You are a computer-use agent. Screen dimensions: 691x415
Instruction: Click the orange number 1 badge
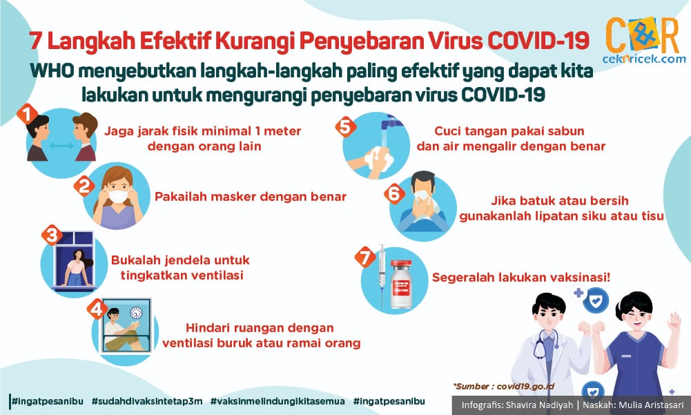(x=28, y=114)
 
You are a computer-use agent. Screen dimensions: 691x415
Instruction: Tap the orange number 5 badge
(x=345, y=126)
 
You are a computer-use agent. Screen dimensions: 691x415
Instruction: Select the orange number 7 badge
(x=365, y=257)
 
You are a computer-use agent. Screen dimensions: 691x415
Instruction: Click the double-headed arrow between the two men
(x=61, y=146)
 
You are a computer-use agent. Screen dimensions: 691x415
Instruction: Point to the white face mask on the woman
(x=118, y=196)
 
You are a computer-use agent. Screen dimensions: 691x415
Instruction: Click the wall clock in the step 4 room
(x=136, y=313)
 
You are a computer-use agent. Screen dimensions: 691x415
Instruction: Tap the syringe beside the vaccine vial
(x=382, y=276)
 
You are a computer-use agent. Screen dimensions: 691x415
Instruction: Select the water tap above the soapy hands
(x=390, y=122)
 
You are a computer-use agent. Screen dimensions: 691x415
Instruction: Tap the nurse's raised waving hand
(x=674, y=320)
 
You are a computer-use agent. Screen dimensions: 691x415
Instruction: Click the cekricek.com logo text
(x=644, y=59)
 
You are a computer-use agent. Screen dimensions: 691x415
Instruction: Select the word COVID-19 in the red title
(x=538, y=41)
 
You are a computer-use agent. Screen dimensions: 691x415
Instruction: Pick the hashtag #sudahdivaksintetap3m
(x=147, y=401)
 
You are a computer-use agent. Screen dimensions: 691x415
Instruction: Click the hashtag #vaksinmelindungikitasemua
(x=278, y=401)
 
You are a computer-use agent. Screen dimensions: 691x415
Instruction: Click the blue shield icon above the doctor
(x=595, y=301)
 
